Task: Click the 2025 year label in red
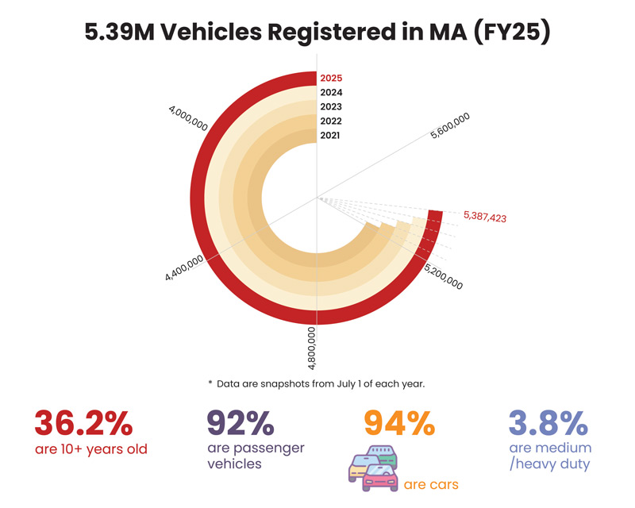[331, 79]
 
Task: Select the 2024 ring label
[331, 93]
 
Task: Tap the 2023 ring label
[331, 107]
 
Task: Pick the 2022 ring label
[331, 121]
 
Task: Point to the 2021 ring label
[331, 136]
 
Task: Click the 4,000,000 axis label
[188, 120]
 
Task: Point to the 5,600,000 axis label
[450, 127]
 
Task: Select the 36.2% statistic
[83, 423]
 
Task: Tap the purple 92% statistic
[241, 423]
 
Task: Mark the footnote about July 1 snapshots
[317, 383]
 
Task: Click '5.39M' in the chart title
[117, 34]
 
